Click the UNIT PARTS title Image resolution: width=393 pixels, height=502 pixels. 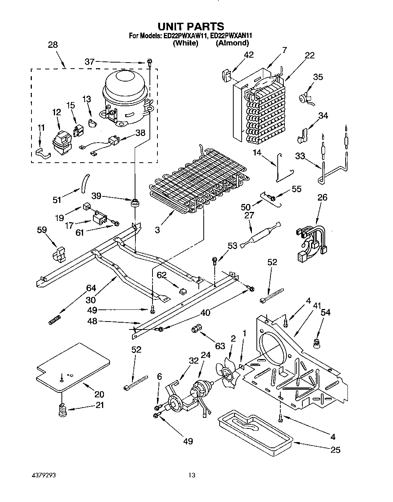click(191, 26)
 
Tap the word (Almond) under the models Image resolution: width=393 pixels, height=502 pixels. click(232, 43)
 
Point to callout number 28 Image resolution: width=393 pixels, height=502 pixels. click(53, 45)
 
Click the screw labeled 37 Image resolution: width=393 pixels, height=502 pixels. click(149, 63)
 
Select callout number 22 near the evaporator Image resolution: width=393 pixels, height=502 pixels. click(310, 55)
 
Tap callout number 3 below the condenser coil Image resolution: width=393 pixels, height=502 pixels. click(157, 230)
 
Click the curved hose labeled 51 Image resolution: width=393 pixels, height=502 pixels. click(85, 184)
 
